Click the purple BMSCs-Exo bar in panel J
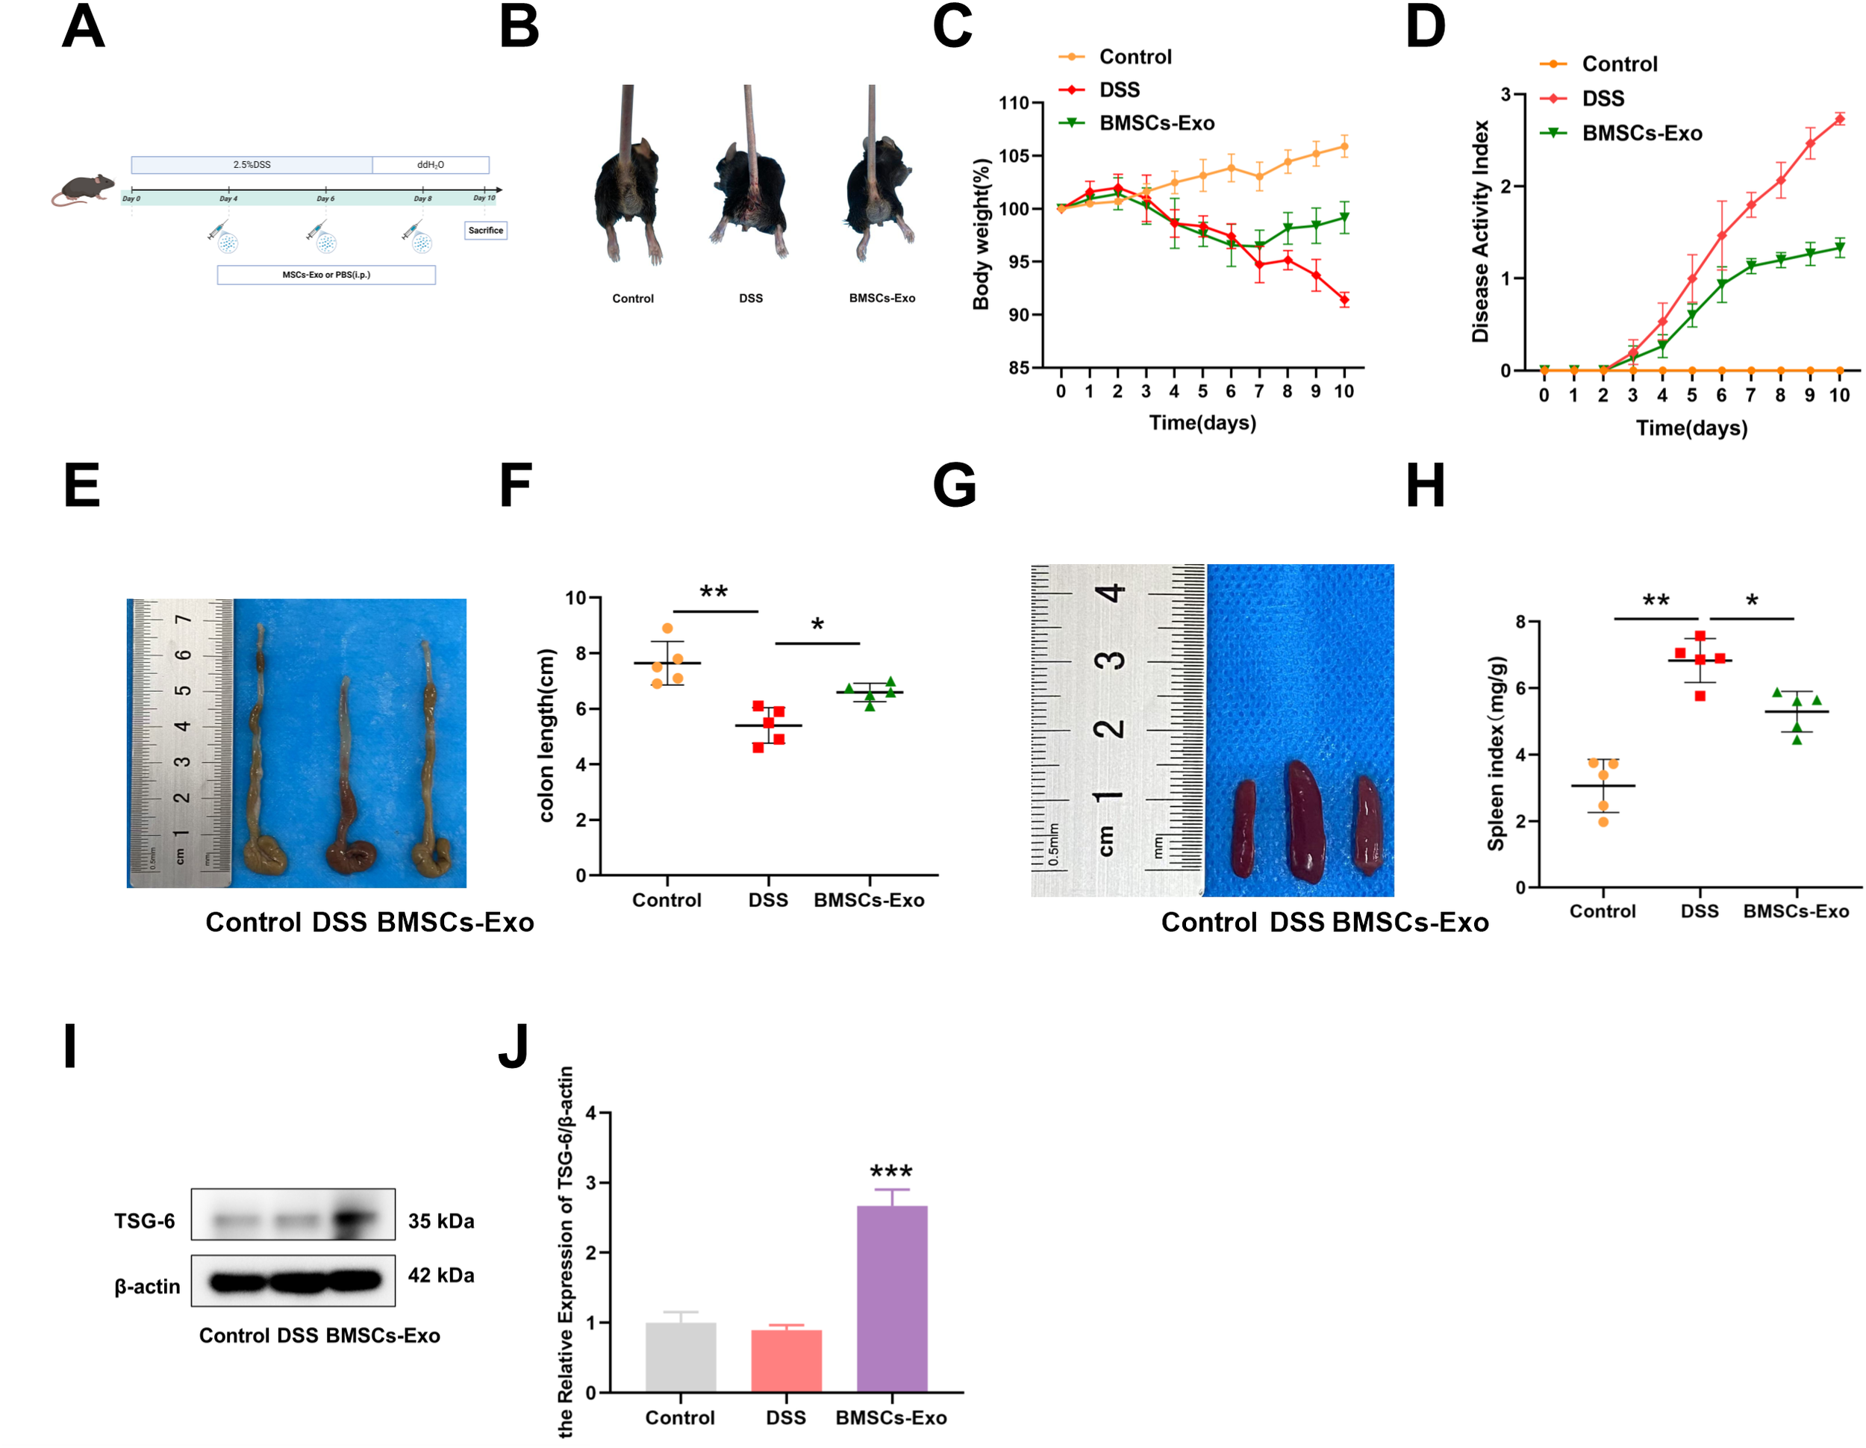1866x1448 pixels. point(891,1299)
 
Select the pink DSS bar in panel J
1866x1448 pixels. point(786,1360)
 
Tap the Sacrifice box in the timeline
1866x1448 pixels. point(485,231)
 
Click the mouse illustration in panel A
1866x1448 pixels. point(83,190)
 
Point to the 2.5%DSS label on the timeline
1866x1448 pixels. point(252,165)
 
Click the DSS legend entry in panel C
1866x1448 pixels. point(1118,90)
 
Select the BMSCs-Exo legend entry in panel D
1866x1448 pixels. point(1641,134)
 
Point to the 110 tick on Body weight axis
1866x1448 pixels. point(1014,103)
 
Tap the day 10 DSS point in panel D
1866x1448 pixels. point(1838,119)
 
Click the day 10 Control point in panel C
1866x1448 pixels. point(1344,147)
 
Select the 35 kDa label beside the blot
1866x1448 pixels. point(441,1221)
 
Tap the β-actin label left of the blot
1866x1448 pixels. point(147,1287)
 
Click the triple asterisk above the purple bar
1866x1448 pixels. point(891,1171)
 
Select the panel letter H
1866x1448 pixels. point(1425,485)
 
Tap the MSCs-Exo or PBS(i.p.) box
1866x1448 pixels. point(326,275)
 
